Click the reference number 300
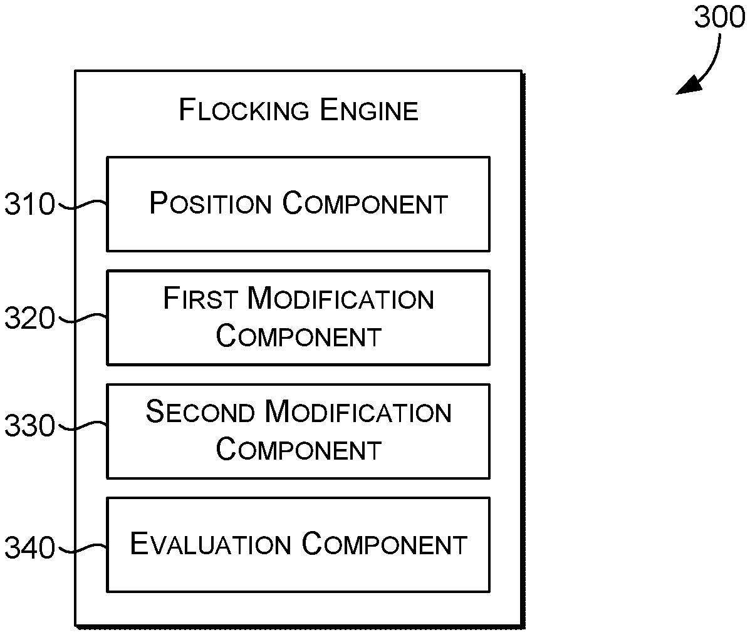coord(719,19)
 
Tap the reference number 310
coord(30,205)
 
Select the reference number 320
coord(30,319)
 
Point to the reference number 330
coord(30,426)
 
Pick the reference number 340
coord(30,549)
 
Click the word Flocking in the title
coord(244,111)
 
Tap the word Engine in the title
coord(369,111)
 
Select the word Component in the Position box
coord(365,204)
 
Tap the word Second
coord(201,412)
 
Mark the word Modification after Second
coord(358,412)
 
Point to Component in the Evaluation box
coord(385,544)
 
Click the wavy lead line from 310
coord(81,204)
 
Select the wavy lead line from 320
coord(81,318)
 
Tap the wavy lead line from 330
coord(81,426)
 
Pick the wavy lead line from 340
coord(81,549)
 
